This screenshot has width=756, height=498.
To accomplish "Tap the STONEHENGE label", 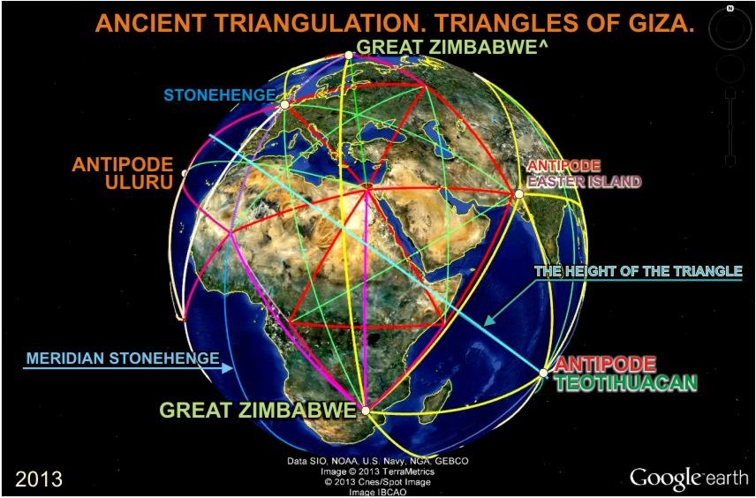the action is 219,95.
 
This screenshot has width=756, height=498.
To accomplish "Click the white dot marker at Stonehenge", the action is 284,104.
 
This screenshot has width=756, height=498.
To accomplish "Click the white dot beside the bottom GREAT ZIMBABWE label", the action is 365,411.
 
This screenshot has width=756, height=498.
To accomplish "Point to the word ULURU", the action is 139,182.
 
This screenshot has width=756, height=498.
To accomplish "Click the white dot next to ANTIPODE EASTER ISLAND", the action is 518,193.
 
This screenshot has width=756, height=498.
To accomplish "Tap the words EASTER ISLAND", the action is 585,182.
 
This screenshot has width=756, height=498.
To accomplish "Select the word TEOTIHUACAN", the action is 626,382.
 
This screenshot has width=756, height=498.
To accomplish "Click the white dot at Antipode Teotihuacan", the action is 543,373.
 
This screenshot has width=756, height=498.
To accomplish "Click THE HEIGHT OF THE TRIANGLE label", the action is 639,271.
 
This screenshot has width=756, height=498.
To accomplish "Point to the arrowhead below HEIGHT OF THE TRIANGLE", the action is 488,321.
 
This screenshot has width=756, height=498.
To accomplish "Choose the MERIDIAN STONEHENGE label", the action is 123,358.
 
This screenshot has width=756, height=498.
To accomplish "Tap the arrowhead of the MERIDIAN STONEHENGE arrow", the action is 228,368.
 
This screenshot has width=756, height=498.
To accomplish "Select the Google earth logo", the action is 688,477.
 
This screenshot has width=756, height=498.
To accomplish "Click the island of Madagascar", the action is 442,399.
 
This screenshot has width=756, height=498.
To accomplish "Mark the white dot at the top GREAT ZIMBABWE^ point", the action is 349,56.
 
